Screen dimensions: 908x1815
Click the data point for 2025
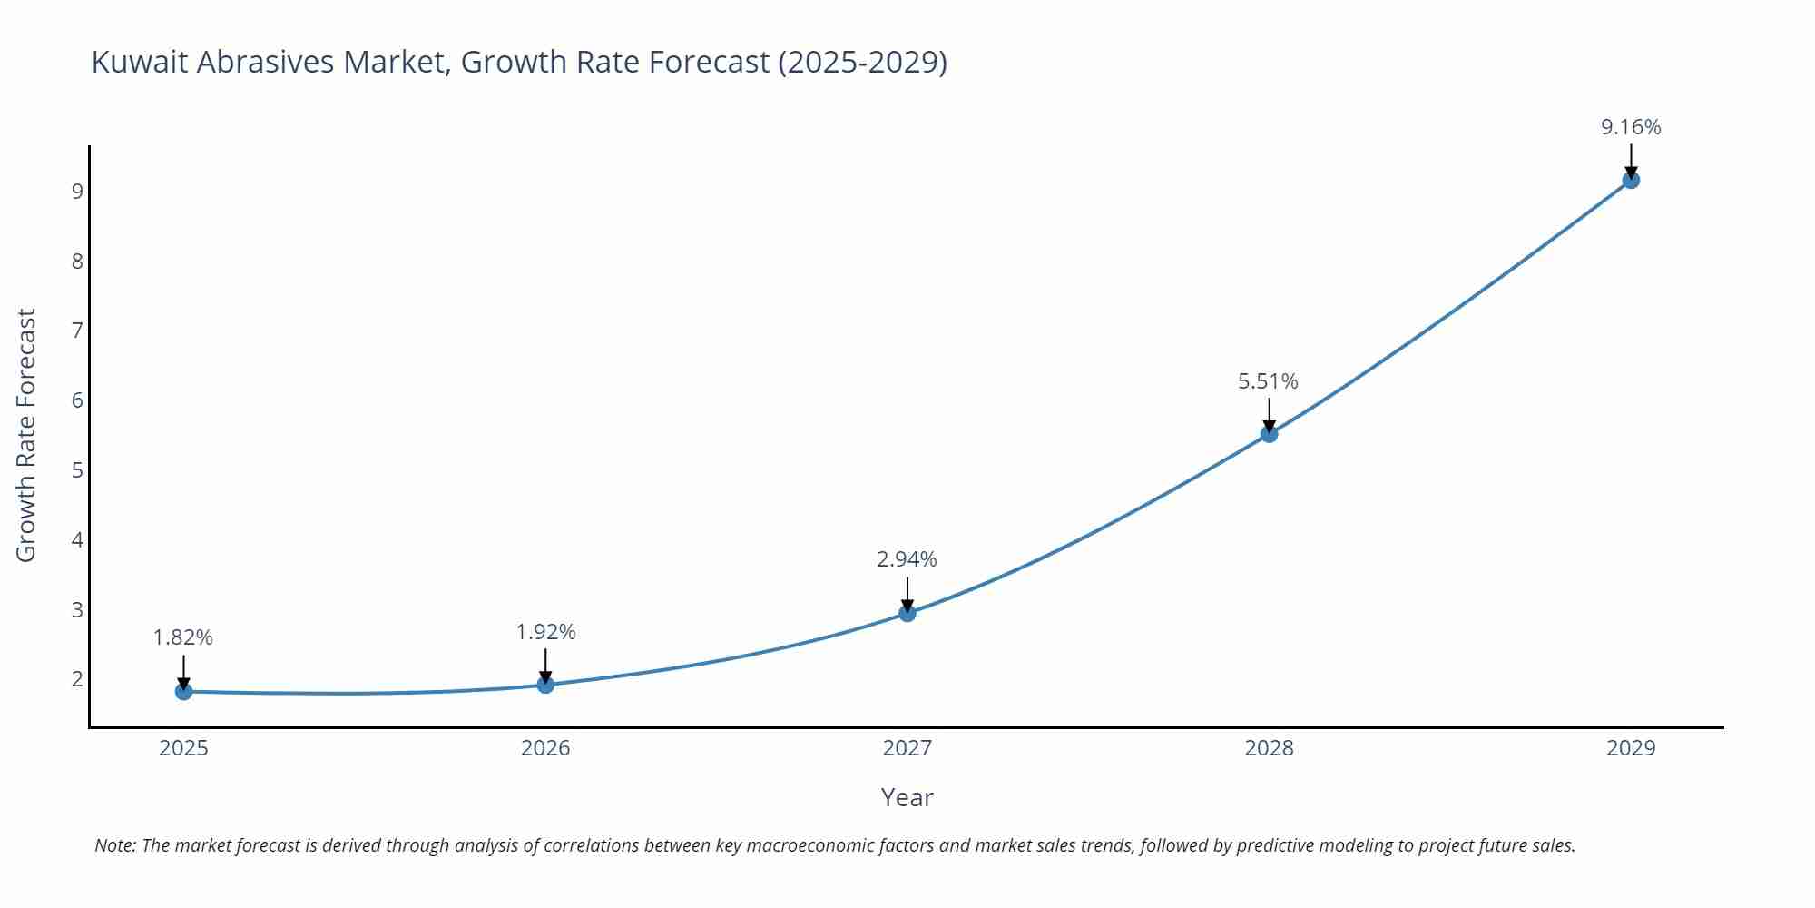183,692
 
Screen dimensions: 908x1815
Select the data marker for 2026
545,685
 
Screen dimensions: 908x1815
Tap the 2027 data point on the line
907,613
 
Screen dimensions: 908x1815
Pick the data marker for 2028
1269,434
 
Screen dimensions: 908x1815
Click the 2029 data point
1631,180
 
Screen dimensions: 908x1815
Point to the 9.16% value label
1631,127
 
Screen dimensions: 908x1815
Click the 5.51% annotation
1268,381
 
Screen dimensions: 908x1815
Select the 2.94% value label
907,559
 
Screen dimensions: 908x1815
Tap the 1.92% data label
545,632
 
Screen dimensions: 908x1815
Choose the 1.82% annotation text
183,637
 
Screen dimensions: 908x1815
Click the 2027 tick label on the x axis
907,748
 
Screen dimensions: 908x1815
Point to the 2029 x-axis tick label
1631,748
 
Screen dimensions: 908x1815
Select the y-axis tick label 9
77,192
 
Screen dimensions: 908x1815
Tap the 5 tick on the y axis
77,470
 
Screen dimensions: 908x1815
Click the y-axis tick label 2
77,679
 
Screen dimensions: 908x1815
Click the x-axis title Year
907,797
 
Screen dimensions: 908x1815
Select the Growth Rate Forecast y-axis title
26,435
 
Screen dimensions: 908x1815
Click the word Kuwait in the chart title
140,62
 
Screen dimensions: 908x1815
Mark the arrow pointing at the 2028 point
1269,414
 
